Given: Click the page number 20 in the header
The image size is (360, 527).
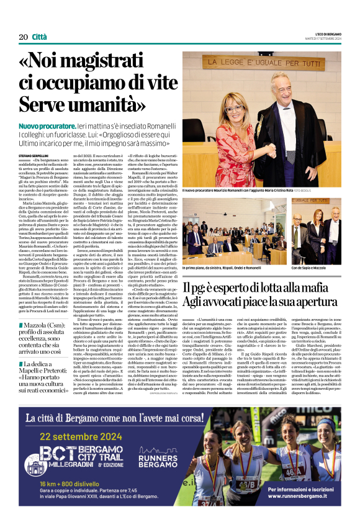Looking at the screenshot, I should (23, 37).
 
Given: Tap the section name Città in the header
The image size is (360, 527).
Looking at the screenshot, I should (40, 37).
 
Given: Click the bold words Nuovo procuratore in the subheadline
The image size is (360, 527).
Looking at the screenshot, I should (50, 125).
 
